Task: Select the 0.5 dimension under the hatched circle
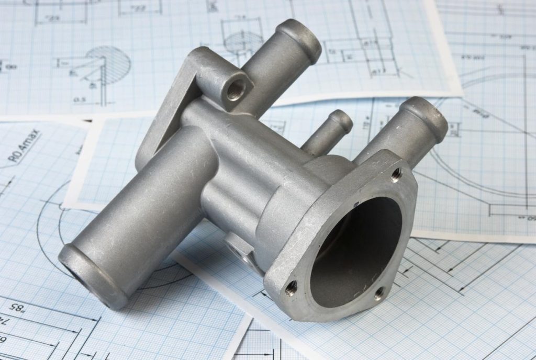(80, 98)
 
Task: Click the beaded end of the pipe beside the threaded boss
(299, 39)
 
